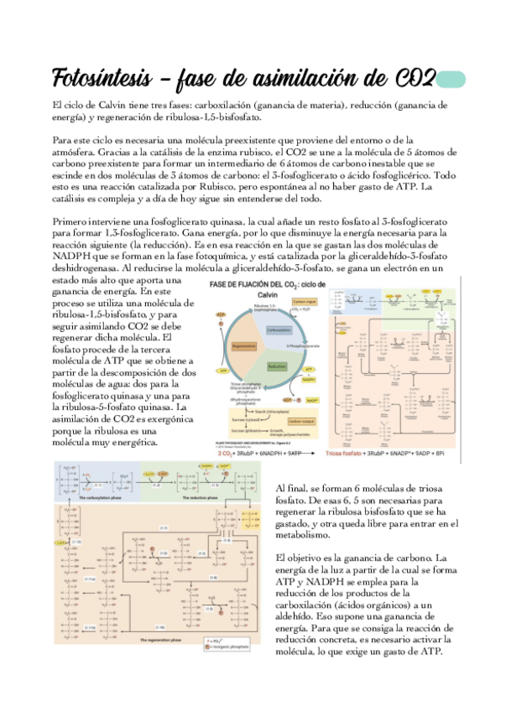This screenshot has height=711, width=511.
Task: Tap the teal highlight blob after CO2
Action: click(452, 79)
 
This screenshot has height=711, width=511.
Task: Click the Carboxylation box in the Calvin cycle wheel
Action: click(277, 330)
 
